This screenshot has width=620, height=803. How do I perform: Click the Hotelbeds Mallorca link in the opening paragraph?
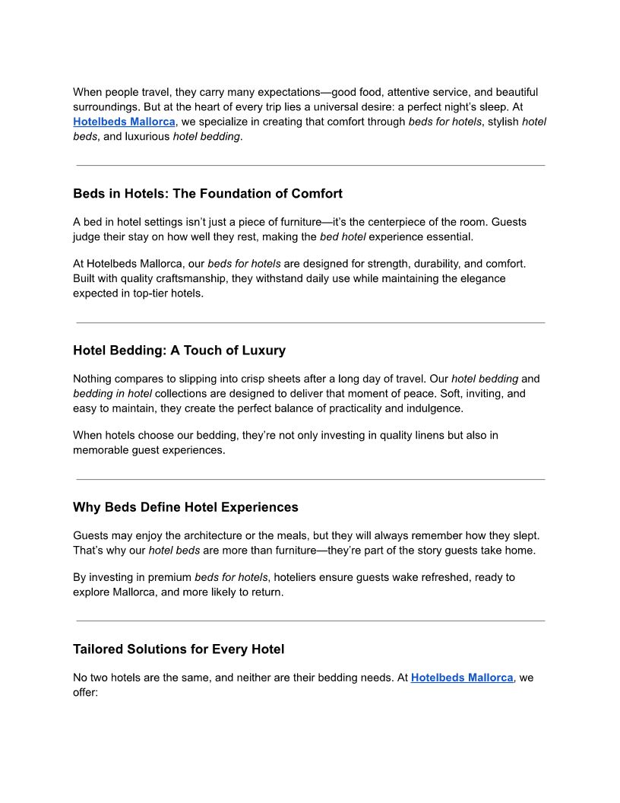(124, 122)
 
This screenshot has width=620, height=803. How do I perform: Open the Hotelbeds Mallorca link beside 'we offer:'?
(462, 678)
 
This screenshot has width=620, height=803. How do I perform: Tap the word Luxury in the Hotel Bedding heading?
(264, 351)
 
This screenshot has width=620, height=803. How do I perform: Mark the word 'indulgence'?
(435, 408)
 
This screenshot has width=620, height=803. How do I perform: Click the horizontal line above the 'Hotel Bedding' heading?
(310, 322)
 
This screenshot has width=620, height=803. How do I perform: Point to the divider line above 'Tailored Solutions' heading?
(310, 621)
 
